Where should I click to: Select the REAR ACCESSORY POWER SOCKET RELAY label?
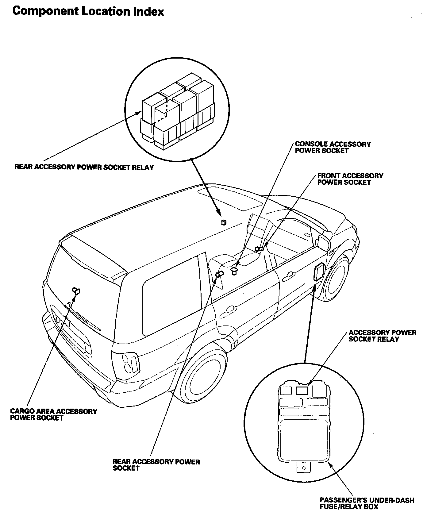tap(84, 168)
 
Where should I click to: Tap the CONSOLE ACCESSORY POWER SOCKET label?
tap(333, 148)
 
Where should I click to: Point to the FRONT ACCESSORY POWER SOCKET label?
tap(350, 179)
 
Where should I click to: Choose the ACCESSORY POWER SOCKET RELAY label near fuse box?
tap(382, 336)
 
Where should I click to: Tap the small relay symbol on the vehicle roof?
tap(224, 222)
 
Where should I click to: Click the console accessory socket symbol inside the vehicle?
tap(234, 271)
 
